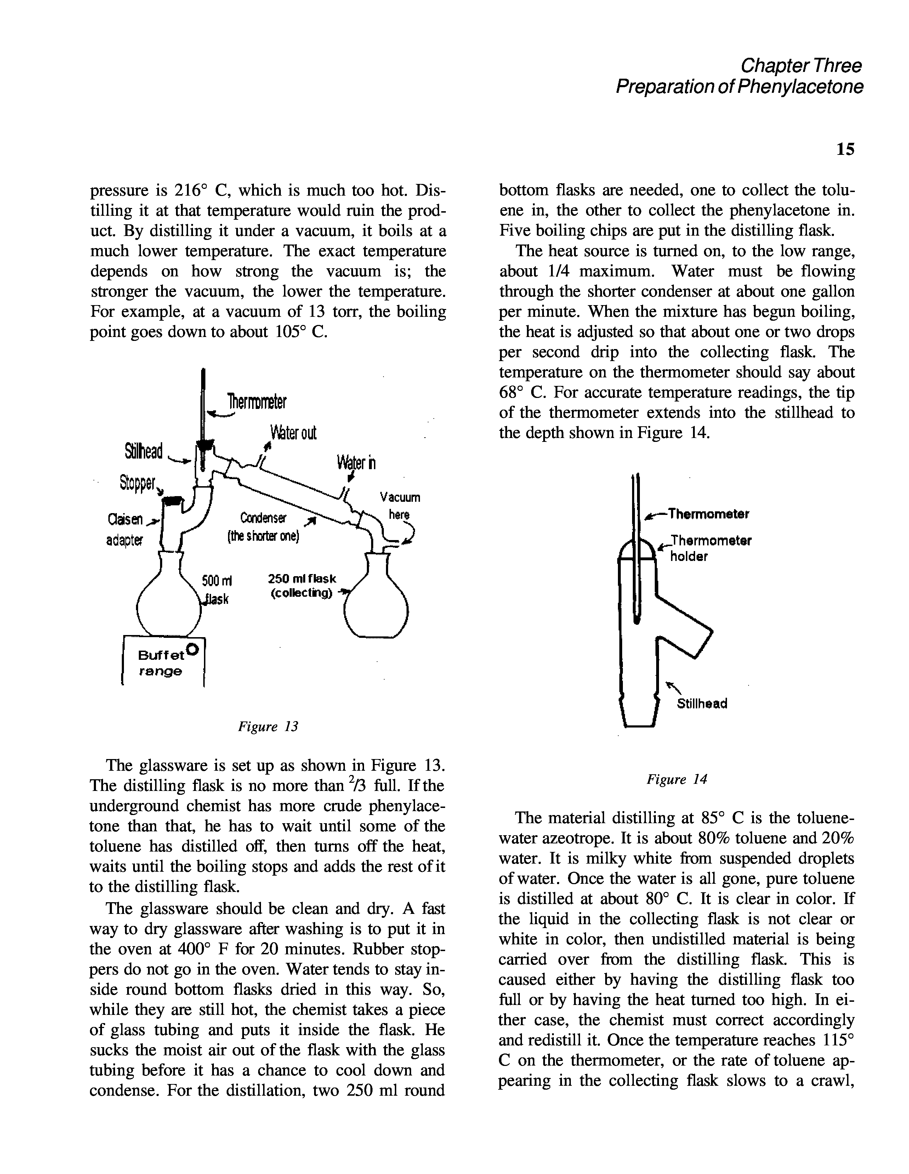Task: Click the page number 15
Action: (x=845, y=149)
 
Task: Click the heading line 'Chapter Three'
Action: (x=801, y=66)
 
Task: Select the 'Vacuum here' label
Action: (x=400, y=505)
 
